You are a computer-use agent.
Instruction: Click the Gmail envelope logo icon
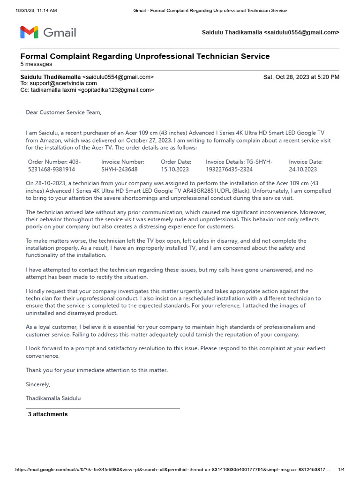[x=30, y=32]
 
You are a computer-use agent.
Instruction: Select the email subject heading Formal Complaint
[x=145, y=56]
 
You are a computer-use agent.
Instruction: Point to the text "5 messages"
[x=36, y=64]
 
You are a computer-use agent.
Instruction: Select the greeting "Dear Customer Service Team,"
[x=63, y=112]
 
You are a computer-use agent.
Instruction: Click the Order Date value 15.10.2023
[x=175, y=169]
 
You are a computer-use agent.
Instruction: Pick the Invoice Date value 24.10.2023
[x=303, y=169]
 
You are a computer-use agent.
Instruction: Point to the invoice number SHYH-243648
[x=120, y=169]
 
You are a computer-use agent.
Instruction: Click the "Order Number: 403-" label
[x=54, y=162]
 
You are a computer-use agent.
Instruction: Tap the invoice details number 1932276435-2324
[x=229, y=169]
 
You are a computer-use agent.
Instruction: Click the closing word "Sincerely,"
[x=38, y=384]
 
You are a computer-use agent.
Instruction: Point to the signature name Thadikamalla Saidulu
[x=53, y=398]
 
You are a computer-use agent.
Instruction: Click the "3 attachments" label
[x=48, y=414]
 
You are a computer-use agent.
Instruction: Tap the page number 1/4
[x=341, y=470]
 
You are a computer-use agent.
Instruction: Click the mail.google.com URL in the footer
[x=169, y=470]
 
